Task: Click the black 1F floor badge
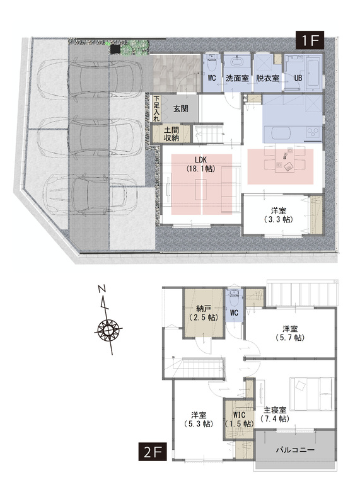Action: (310, 40)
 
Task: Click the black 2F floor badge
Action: (153, 452)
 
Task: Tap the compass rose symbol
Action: (108, 329)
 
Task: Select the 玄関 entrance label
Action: (181, 108)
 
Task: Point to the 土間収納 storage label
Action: (171, 134)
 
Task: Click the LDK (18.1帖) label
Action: (200, 164)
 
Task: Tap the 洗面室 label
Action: (238, 77)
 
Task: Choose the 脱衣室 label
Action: (267, 77)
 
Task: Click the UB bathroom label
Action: (298, 78)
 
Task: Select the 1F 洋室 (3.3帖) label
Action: (278, 215)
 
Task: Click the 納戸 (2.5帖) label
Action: (203, 313)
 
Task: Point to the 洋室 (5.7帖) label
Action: (290, 333)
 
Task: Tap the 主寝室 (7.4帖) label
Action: (274, 415)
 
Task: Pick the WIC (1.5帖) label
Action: (240, 419)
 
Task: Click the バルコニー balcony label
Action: (295, 450)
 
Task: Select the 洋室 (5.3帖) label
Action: (199, 420)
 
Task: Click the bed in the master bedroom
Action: (311, 394)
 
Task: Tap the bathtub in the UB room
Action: (314, 74)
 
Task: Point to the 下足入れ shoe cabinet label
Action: (156, 108)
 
